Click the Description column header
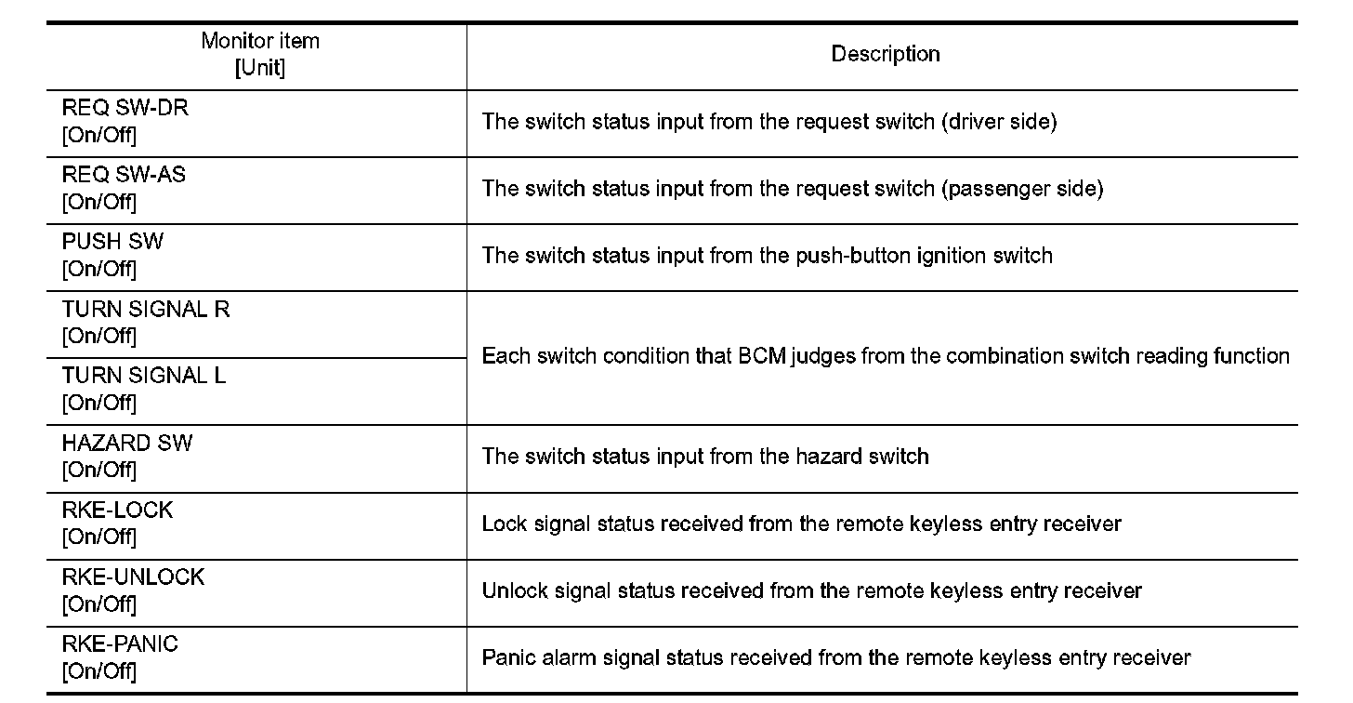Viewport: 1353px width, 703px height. pos(885,55)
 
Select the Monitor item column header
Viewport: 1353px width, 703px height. pos(260,42)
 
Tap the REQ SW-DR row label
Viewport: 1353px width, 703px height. pos(125,108)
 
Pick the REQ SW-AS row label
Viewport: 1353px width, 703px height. pos(124,175)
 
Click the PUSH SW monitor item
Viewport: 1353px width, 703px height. pos(112,242)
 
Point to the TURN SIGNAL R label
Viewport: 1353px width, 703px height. pos(146,309)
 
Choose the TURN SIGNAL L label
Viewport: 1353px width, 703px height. pos(144,376)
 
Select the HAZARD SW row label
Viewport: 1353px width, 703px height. pos(127,443)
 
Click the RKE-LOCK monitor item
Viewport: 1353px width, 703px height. pos(117,510)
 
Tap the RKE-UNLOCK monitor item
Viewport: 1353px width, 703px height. pos(133,577)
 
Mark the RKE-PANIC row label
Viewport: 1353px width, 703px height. pos(120,643)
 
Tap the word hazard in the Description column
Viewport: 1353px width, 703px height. pos(834,457)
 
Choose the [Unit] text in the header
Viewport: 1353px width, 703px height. pos(260,68)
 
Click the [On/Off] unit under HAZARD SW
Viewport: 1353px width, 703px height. pos(99,470)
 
